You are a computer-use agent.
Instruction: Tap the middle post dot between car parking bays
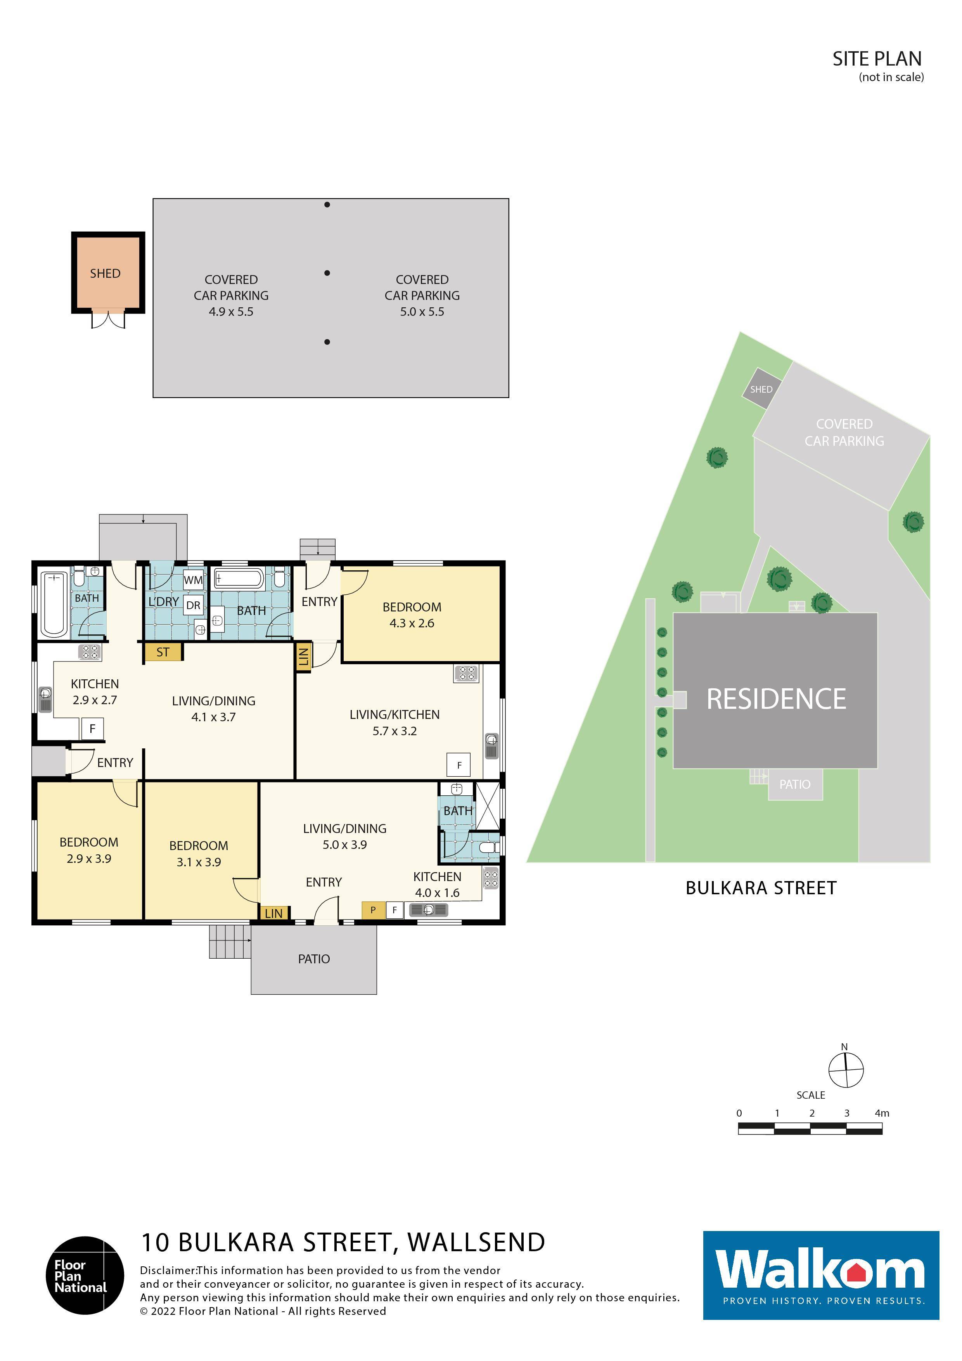click(327, 273)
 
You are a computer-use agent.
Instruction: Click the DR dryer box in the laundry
click(193, 605)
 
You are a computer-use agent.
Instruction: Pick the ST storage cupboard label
click(163, 652)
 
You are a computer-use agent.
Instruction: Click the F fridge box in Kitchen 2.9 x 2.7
click(92, 729)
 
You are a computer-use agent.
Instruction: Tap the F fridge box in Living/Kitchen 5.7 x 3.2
click(459, 765)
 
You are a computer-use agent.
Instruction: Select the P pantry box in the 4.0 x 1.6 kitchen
click(373, 910)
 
